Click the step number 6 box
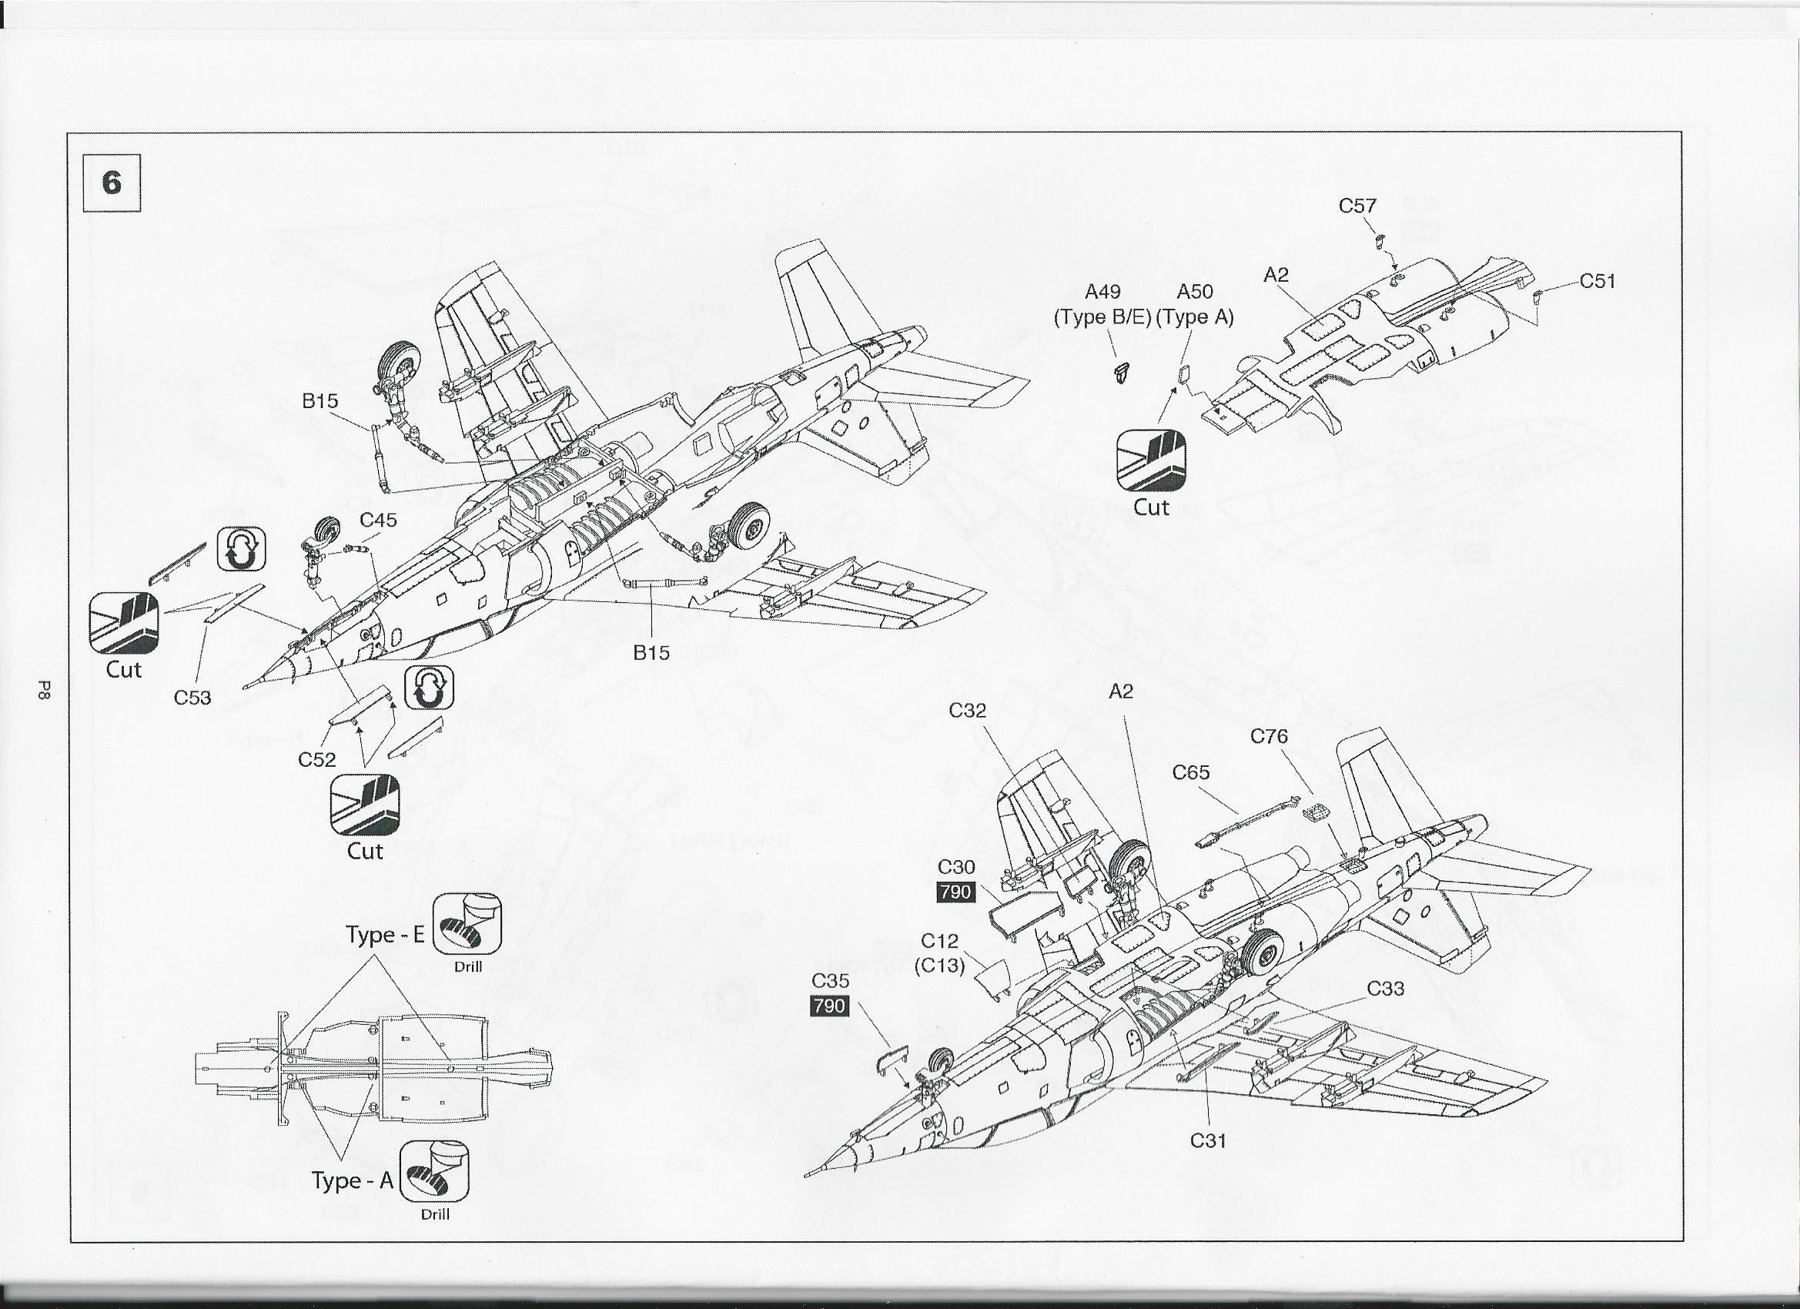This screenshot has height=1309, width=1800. pos(112,183)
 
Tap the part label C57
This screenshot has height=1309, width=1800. pos(1357,206)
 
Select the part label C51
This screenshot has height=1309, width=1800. pos(1597,281)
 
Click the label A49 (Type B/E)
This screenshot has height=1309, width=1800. pos(1102,305)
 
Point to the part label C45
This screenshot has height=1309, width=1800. pos(378,520)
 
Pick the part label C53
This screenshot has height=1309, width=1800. pos(192,697)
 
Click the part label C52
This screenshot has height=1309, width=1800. pos(316,759)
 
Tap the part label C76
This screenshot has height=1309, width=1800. pos(1269,737)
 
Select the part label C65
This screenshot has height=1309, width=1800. pos(1191,772)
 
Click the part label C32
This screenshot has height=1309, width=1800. pos(968,711)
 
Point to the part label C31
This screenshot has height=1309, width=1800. pos(1208,1140)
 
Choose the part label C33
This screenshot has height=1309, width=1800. pos(1385,989)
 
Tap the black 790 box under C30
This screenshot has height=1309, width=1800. pos(955,892)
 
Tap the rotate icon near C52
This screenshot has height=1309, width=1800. pos(429,688)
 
